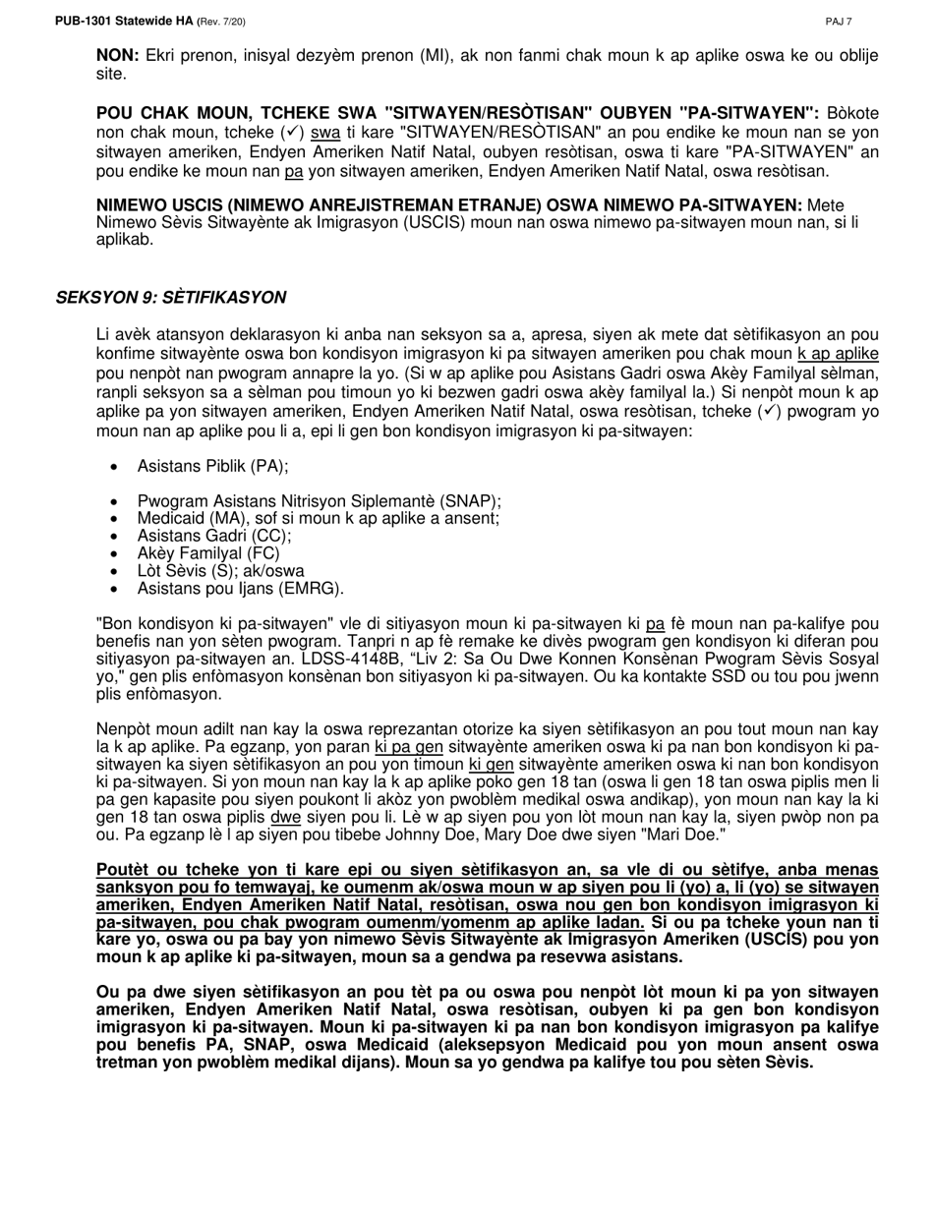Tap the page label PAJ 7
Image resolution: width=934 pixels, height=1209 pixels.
coord(839,22)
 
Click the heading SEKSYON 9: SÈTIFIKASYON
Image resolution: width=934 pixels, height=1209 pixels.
coord(171,297)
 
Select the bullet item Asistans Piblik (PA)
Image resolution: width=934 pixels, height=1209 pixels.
coord(212,466)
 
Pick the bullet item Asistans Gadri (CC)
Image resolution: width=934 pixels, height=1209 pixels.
coord(214,536)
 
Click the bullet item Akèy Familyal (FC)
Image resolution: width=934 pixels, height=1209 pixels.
coord(208,553)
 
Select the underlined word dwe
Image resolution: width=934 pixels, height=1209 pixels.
coord(286,817)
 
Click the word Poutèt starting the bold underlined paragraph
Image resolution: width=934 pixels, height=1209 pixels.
coord(124,870)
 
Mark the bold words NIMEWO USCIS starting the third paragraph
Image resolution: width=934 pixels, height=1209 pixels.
coord(158,204)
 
